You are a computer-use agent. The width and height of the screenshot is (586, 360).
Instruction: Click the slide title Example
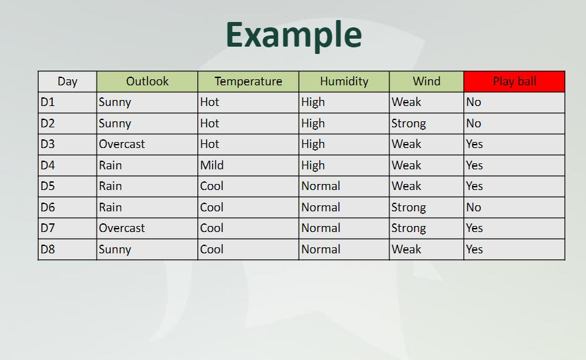click(x=293, y=35)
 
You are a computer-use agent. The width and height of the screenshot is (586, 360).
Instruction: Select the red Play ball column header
click(x=514, y=81)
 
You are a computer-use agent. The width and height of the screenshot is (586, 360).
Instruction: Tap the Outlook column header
click(x=147, y=81)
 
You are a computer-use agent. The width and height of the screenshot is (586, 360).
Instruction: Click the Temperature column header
click(x=248, y=81)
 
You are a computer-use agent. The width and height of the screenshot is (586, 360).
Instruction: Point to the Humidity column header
click(x=344, y=81)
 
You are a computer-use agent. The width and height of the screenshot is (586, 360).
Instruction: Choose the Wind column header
click(x=427, y=81)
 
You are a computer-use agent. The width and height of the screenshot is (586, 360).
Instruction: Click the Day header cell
click(x=67, y=81)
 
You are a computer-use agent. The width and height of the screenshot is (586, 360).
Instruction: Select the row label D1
click(x=48, y=103)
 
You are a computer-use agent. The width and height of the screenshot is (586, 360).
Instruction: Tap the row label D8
click(x=48, y=249)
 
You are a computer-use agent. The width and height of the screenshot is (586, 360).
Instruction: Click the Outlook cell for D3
click(x=122, y=145)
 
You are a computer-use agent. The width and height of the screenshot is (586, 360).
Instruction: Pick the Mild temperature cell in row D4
click(x=212, y=165)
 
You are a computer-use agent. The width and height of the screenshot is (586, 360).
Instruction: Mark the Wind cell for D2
click(x=409, y=123)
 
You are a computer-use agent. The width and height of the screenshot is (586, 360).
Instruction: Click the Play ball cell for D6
click(x=474, y=207)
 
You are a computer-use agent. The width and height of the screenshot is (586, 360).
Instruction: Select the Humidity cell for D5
click(x=321, y=187)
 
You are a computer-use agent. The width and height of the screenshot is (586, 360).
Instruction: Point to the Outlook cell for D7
click(x=122, y=229)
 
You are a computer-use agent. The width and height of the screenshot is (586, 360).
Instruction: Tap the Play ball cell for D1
click(x=474, y=103)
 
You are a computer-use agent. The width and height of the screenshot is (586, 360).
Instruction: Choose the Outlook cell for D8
click(x=115, y=249)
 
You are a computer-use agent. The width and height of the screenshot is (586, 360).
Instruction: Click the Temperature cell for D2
click(x=209, y=123)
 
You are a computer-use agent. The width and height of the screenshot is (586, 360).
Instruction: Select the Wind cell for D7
click(x=409, y=229)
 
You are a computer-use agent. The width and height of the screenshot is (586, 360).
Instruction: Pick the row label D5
click(x=48, y=187)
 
